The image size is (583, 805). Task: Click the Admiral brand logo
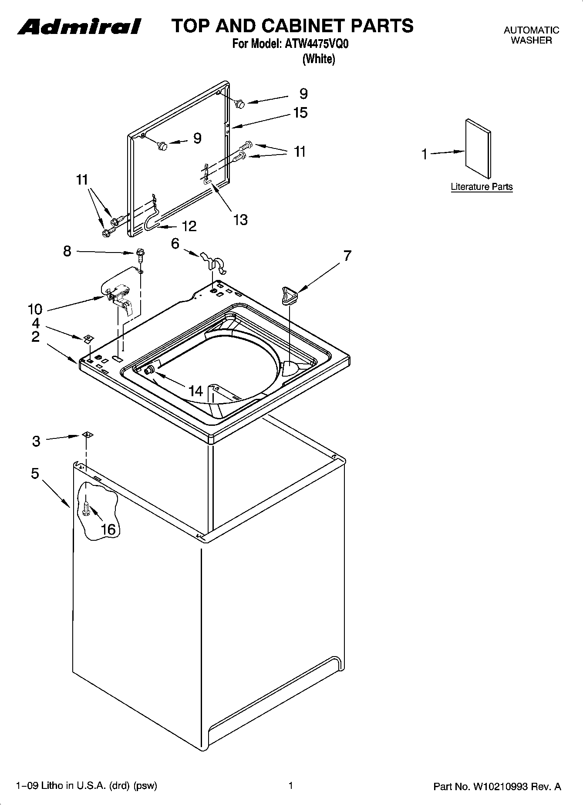point(79,27)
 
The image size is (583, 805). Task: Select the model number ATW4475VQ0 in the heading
point(317,44)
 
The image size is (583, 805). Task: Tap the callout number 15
point(300,113)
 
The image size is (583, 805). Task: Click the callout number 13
point(240,219)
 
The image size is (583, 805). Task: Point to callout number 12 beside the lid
point(189,226)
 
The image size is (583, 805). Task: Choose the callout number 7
point(347,256)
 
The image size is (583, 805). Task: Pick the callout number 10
point(35,309)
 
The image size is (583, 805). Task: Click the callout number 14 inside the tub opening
point(196,391)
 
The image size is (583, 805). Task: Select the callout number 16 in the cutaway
point(108,529)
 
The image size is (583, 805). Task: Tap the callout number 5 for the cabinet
point(35,474)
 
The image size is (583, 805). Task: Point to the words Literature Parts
point(482,187)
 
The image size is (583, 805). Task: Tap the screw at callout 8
point(140,255)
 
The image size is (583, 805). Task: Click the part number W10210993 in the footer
point(499,787)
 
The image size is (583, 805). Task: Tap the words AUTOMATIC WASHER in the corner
point(531,35)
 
